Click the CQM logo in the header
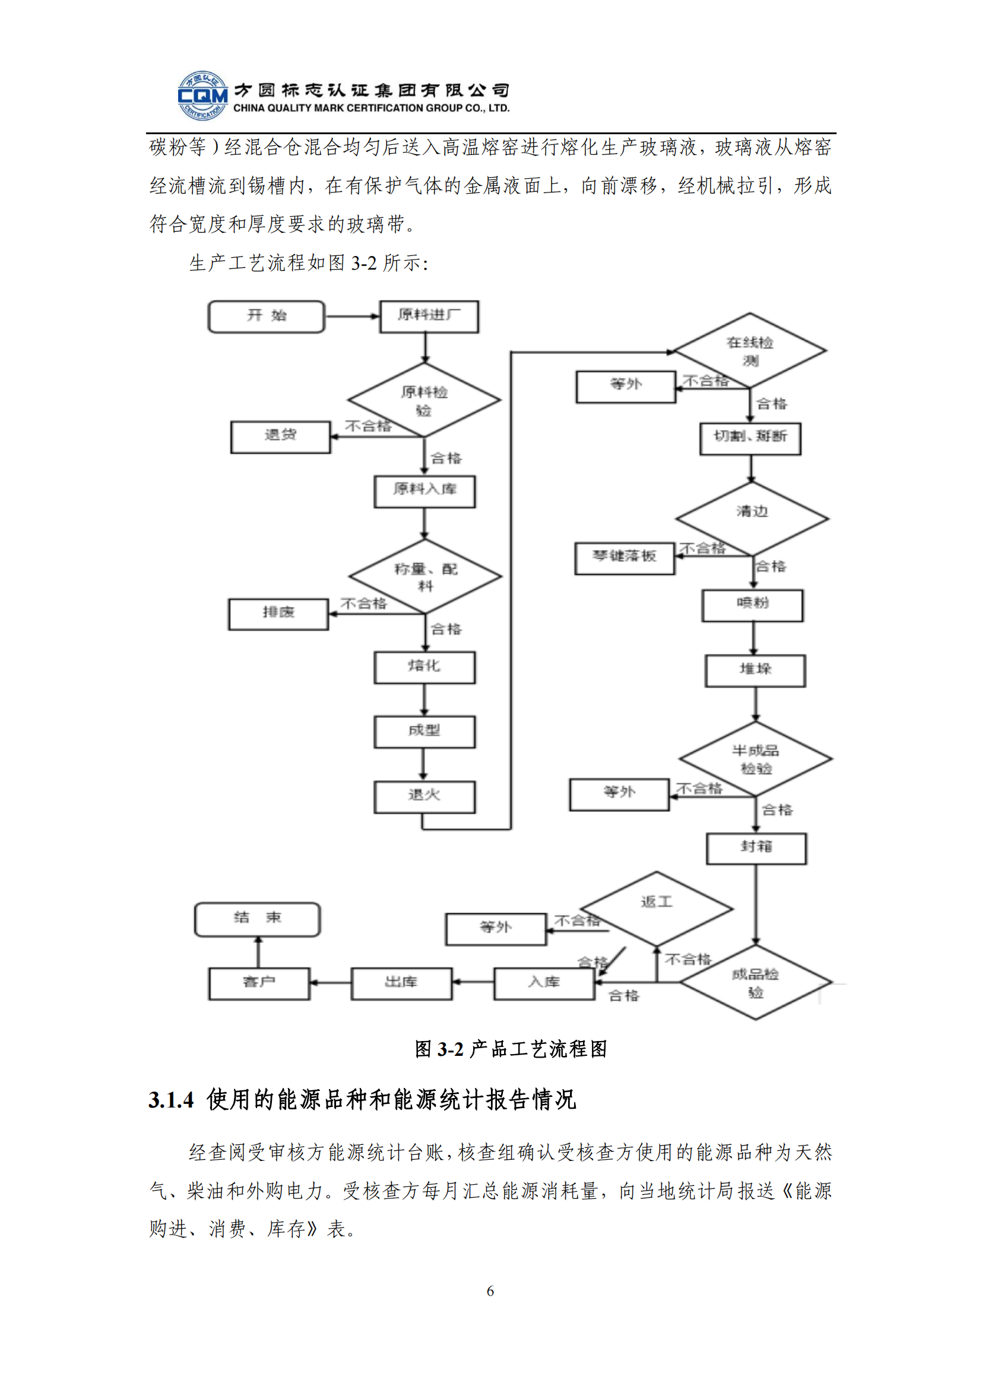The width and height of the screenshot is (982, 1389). (202, 96)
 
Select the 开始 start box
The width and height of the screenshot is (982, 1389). (266, 317)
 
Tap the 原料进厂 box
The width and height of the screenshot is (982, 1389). (429, 317)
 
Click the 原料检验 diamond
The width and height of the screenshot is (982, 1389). (424, 400)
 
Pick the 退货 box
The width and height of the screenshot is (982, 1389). (280, 436)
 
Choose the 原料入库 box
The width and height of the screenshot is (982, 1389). (425, 491)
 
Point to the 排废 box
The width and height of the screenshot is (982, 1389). (278, 613)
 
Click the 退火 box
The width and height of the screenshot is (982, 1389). (425, 796)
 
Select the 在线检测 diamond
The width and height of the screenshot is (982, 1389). (750, 350)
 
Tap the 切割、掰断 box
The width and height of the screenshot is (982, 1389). (750, 438)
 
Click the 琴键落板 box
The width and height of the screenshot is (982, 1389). (624, 557)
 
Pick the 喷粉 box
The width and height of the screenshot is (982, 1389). (752, 605)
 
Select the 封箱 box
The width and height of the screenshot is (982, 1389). (756, 847)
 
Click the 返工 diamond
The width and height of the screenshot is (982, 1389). (657, 907)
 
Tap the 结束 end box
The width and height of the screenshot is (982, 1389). (257, 919)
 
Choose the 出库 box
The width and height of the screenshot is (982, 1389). (401, 983)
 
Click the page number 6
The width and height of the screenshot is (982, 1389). (490, 1291)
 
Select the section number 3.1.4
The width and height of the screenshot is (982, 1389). (171, 1100)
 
